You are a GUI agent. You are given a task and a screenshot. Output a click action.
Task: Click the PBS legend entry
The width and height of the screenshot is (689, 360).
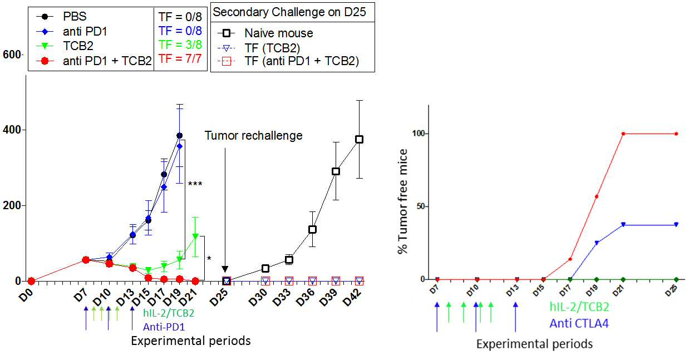62,16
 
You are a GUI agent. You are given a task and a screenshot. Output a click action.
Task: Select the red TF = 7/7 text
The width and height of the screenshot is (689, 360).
180,58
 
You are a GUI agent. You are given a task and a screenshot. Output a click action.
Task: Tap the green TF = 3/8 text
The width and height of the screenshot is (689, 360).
180,45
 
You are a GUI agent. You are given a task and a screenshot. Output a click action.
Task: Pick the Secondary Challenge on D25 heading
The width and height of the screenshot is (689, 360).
289,12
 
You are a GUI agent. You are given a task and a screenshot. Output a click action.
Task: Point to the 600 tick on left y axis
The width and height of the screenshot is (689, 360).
12,55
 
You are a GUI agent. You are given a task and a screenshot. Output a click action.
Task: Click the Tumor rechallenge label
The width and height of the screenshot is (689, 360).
253,136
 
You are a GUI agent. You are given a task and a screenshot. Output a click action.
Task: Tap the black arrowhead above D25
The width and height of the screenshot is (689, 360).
225,269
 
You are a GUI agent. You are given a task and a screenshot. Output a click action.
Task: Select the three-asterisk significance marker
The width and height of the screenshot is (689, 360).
195,184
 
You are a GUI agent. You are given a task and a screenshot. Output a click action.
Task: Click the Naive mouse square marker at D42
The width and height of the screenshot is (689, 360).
360,140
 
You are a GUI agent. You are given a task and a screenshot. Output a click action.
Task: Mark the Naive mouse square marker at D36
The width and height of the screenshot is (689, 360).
313,229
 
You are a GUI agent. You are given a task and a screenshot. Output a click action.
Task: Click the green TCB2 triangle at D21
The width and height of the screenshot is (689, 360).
195,236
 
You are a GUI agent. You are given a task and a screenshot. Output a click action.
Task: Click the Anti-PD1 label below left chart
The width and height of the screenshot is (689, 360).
164,327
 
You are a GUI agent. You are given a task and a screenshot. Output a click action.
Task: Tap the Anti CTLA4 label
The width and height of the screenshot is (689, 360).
579,323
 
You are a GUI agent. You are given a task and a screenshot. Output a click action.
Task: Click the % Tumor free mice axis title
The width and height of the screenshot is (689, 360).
402,201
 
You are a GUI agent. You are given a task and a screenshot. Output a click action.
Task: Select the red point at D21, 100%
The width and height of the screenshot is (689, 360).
623,134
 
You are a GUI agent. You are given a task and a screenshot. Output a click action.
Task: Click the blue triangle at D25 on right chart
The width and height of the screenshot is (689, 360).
676,224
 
